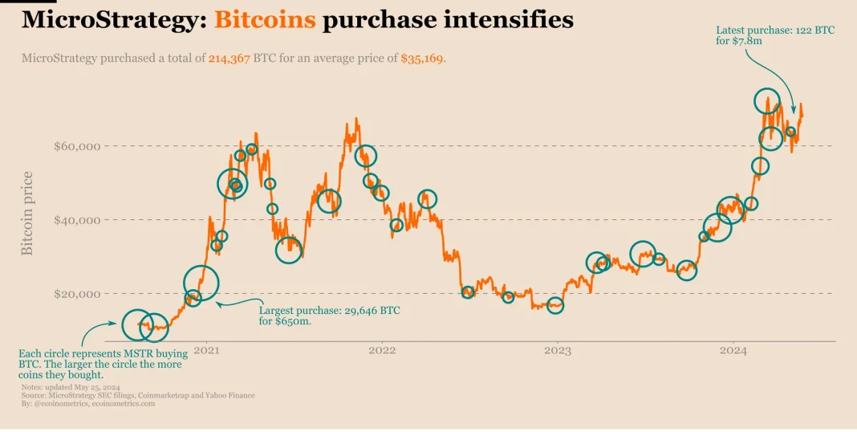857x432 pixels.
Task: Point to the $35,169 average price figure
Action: point(422,59)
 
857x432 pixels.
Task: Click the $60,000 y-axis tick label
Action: point(76,146)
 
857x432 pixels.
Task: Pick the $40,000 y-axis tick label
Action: point(76,220)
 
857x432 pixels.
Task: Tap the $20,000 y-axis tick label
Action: point(76,294)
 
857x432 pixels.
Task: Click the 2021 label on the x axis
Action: point(207,350)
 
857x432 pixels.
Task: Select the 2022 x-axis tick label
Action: point(382,350)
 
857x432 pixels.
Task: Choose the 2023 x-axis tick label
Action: point(558,350)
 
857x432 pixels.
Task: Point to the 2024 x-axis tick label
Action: point(733,350)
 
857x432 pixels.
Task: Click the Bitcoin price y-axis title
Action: point(27,214)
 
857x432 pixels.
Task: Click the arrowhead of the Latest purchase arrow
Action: point(794,111)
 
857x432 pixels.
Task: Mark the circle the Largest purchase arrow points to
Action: point(201,282)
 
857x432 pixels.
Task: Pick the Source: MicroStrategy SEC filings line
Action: point(138,396)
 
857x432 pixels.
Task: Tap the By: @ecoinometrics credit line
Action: point(88,404)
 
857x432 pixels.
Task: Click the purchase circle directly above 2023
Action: point(554,306)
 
